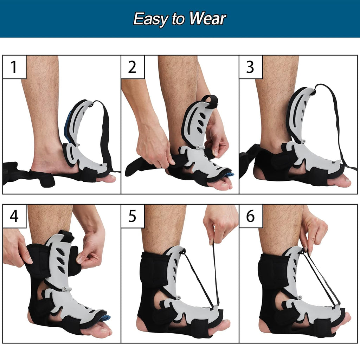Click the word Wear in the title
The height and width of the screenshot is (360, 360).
207,19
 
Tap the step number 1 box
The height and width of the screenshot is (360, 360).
14,67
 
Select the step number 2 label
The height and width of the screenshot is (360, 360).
132,67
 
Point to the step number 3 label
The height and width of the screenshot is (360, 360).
250,67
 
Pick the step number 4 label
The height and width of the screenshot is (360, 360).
14,216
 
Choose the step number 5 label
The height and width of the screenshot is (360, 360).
132,216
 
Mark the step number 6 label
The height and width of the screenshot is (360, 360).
250,216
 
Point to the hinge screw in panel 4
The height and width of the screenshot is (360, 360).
65,290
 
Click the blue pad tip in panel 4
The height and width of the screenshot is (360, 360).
105,318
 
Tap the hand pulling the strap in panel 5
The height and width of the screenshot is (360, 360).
219,223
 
